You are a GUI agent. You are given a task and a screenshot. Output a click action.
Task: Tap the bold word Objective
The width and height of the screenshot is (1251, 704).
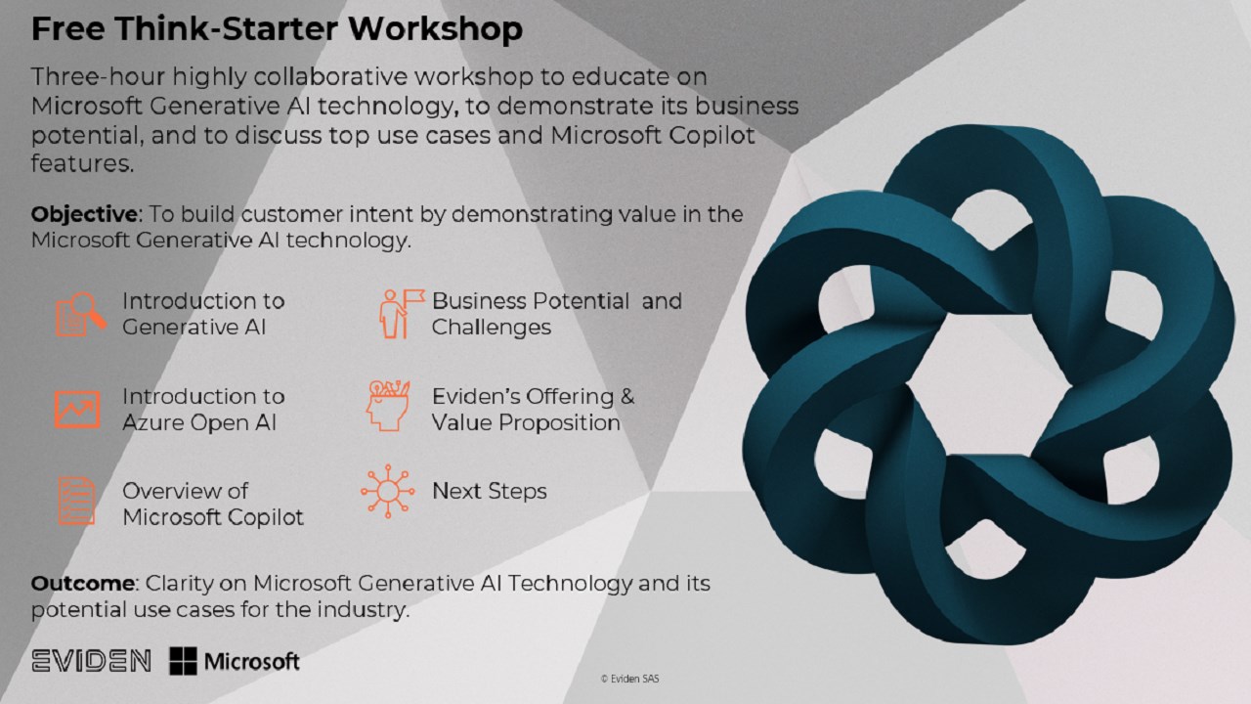click(x=84, y=214)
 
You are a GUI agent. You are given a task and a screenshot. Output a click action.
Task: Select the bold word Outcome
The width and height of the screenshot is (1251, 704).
click(x=83, y=584)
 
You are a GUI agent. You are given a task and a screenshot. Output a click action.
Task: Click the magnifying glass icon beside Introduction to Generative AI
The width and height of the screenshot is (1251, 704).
click(x=80, y=315)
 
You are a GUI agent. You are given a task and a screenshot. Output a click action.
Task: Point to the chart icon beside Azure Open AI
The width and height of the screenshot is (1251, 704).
click(x=77, y=410)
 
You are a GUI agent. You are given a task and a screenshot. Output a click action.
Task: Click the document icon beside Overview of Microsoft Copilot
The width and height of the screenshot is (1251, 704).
click(x=77, y=502)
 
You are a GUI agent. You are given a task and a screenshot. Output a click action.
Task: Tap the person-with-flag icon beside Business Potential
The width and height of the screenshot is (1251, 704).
click(x=401, y=314)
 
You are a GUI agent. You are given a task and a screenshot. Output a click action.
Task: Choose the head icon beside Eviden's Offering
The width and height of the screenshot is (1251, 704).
click(x=388, y=406)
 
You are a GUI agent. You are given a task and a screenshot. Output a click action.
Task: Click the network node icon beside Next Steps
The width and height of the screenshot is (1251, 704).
click(x=388, y=491)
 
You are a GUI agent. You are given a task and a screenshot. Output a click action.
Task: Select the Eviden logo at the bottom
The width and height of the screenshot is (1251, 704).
click(x=91, y=661)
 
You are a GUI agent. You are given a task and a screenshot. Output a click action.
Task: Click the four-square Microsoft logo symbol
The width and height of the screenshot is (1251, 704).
click(x=183, y=661)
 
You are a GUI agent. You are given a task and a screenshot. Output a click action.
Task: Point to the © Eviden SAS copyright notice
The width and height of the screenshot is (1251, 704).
click(x=629, y=679)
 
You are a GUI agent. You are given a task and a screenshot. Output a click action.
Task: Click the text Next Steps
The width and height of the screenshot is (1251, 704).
click(x=490, y=491)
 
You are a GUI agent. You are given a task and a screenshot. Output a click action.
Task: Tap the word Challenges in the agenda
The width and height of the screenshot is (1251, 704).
click(x=492, y=328)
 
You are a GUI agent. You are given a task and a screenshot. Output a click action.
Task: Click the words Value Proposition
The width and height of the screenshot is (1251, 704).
click(x=526, y=423)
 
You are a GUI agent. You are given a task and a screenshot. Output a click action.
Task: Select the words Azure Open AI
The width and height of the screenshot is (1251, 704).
click(x=199, y=423)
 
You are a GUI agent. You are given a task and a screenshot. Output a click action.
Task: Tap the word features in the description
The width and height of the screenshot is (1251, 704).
click(x=83, y=163)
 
